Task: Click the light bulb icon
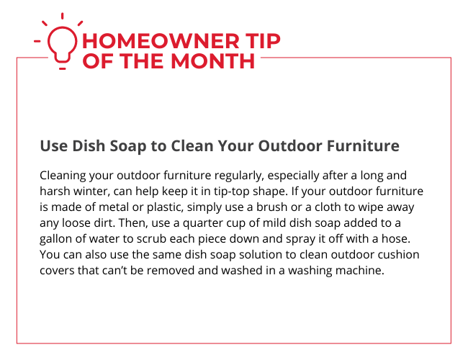[62, 45]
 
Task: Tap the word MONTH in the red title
[213, 61]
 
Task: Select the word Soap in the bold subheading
[128, 146]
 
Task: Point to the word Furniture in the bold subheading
[363, 146]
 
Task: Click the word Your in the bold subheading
[236, 146]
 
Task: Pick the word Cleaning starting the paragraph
[63, 176]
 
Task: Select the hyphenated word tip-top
[231, 192]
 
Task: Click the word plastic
[165, 207]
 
